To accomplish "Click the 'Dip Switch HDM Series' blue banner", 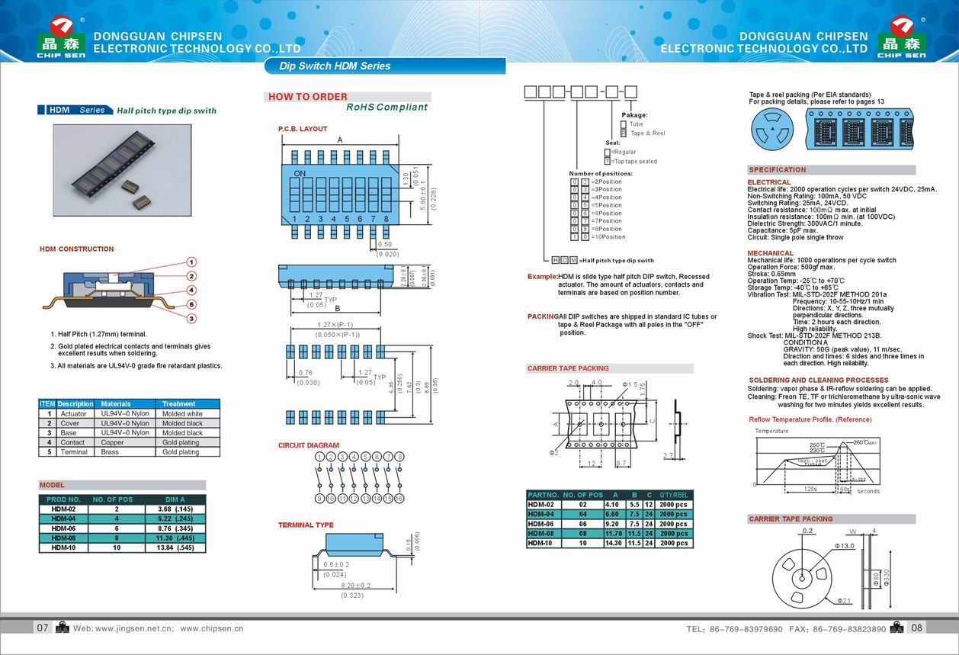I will pos(384,66).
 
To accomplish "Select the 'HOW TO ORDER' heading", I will pos(308,97).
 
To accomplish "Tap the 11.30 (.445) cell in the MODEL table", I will pos(175,538).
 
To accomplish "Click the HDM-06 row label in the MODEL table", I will pos(64,528).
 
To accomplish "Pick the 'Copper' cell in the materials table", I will pos(112,442).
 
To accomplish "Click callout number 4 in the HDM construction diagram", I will pos(192,290).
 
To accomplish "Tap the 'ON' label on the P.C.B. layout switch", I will pos(300,174).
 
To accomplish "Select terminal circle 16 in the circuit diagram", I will pos(399,499).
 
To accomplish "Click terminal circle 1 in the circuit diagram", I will pos(320,457).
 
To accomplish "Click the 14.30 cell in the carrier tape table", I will pos(611,543).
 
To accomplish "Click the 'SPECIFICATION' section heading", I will pos(777,170).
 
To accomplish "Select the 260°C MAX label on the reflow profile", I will pos(865,442).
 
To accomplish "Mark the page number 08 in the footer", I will pos(916,628).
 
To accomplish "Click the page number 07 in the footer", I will pos(43,628).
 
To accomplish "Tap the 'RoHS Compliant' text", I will pos(386,108).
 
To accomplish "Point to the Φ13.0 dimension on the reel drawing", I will pos(845,546).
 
